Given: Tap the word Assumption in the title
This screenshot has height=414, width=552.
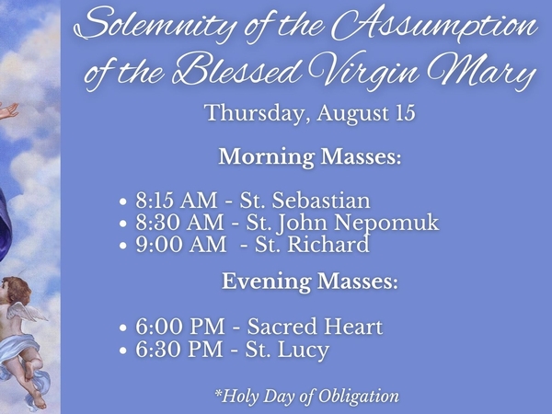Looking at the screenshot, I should [442, 28].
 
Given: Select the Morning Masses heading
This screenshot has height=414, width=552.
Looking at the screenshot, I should [310, 156].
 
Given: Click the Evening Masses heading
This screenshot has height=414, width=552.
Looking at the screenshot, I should [310, 282].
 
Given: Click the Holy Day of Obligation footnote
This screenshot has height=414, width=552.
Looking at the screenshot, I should [306, 397].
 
